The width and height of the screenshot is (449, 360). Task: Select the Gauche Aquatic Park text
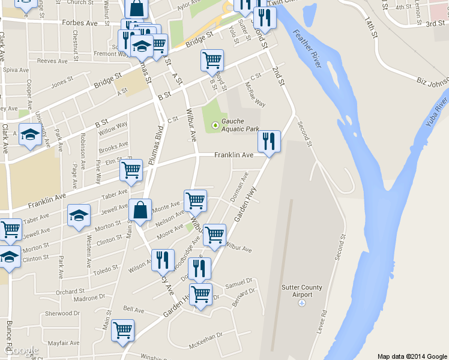(x=240, y=125)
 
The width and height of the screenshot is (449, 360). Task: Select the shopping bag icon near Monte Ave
(x=140, y=211)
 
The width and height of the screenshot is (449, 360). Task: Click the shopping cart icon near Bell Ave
(x=123, y=329)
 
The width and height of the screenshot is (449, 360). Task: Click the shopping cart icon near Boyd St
(x=212, y=60)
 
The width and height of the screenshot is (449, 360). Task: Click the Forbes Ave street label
(x=80, y=23)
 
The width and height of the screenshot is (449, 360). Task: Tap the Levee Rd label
(x=320, y=325)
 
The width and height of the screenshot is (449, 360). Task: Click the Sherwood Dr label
(x=62, y=313)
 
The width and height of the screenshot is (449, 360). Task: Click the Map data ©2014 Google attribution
(x=412, y=356)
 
